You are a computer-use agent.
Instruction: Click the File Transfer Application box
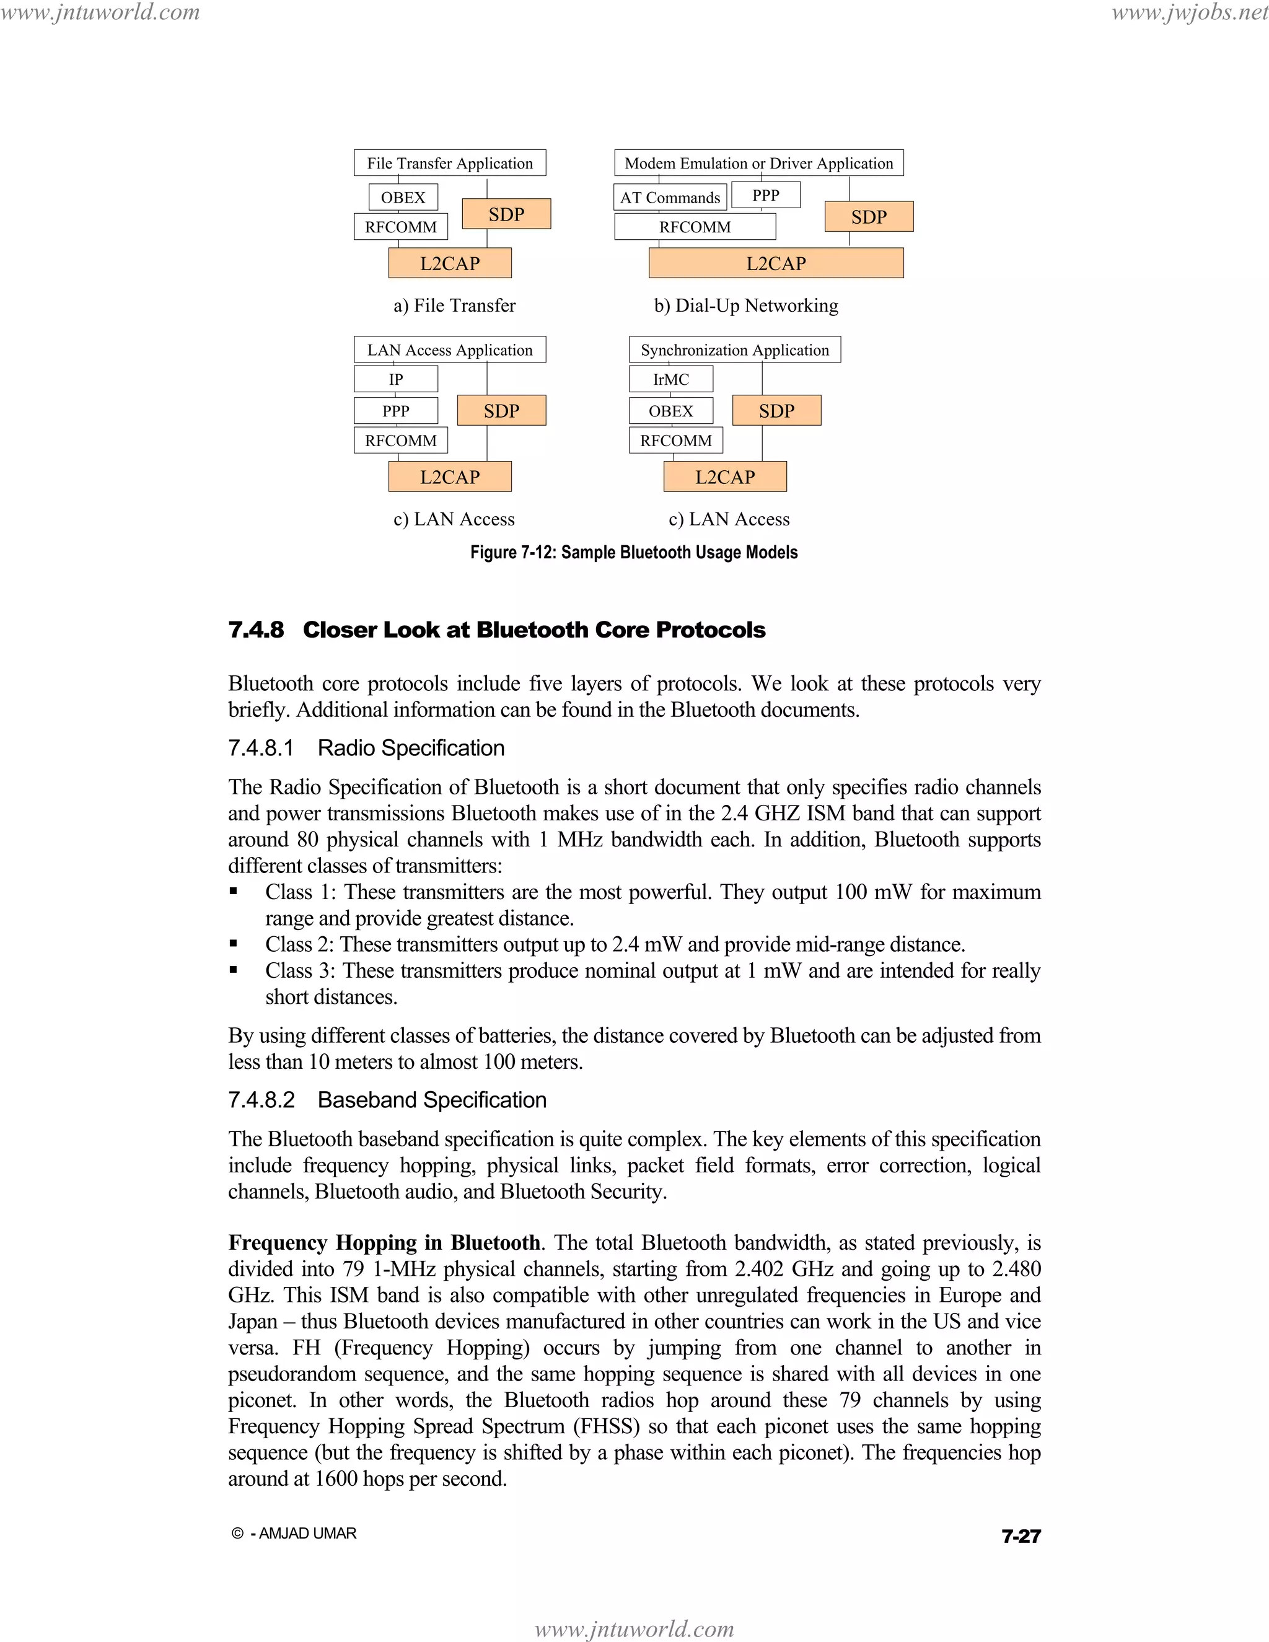click(450, 163)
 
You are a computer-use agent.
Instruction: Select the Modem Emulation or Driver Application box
click(758, 163)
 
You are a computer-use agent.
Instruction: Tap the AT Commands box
click(670, 198)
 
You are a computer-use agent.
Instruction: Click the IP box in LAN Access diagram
click(395, 380)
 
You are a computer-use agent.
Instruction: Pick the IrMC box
click(670, 380)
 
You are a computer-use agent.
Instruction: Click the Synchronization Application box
click(734, 350)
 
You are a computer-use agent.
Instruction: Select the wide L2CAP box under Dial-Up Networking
click(776, 264)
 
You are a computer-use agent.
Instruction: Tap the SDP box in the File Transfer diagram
click(506, 214)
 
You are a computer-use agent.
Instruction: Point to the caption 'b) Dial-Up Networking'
click(746, 306)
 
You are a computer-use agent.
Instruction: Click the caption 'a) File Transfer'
click(454, 306)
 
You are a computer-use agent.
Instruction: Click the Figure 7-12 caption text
click(634, 553)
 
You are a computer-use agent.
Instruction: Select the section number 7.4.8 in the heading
click(257, 630)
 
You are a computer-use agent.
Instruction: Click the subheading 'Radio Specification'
click(410, 748)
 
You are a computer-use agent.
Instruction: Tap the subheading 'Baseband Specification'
click(431, 1100)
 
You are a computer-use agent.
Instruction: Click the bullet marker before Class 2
click(234, 944)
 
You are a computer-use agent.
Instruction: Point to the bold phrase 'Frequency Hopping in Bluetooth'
click(384, 1243)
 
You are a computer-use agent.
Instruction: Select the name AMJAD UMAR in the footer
click(307, 1534)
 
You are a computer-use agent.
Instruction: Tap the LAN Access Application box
click(450, 350)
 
